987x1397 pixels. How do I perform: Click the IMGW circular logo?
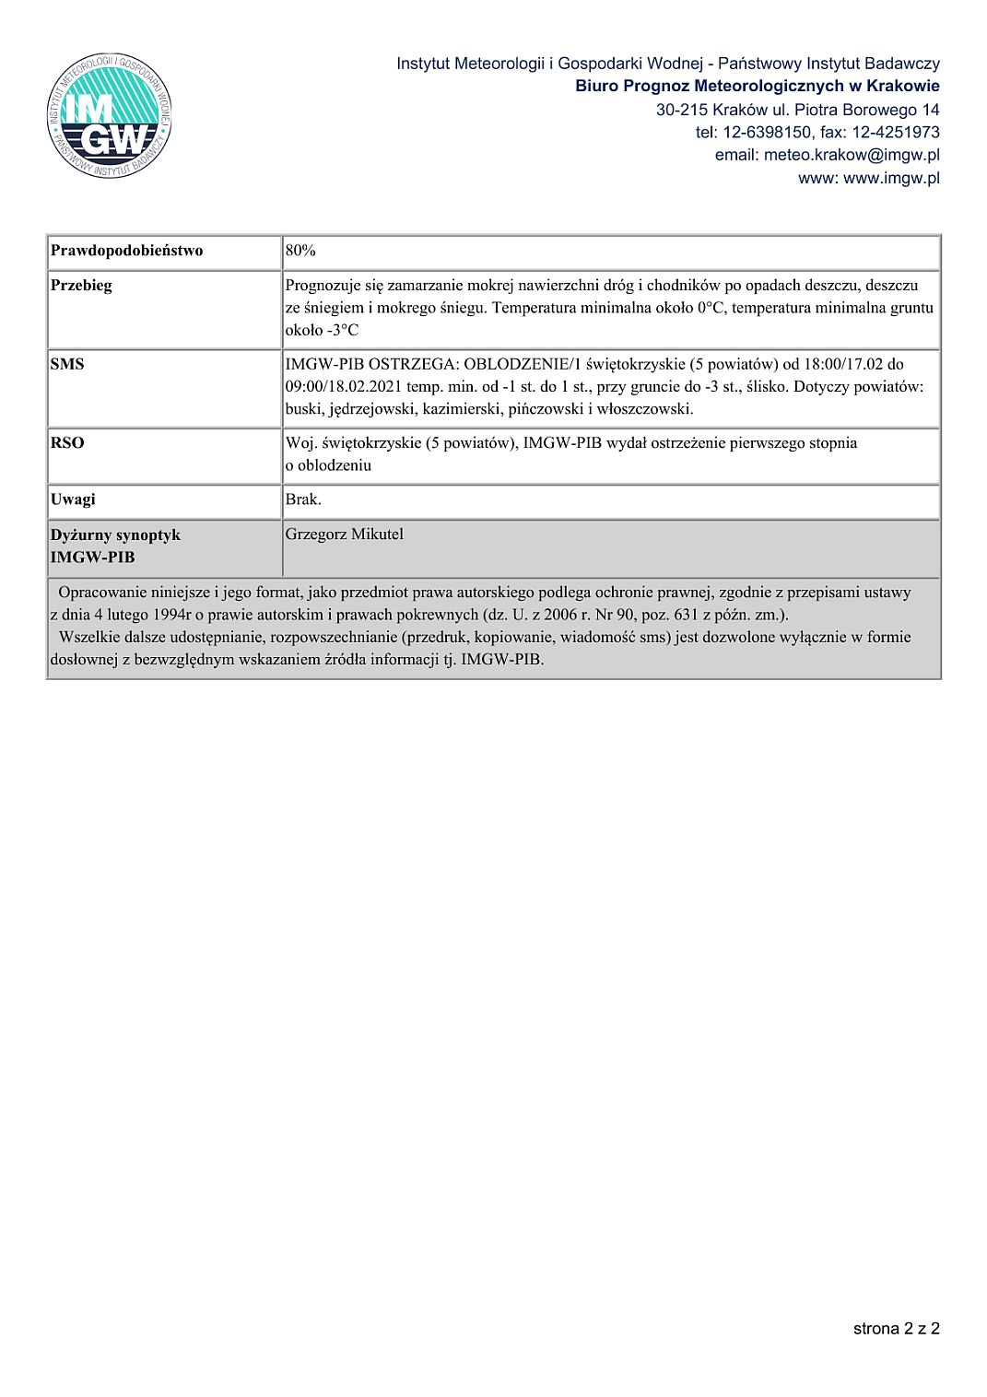109,116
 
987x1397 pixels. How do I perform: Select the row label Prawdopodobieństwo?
126,251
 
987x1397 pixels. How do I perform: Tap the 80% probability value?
300,251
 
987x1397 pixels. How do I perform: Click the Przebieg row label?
81,286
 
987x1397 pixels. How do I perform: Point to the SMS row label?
67,364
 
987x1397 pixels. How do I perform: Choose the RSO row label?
67,443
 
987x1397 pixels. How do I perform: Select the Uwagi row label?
73,499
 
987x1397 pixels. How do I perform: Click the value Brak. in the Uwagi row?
303,499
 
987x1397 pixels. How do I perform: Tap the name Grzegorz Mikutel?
344,534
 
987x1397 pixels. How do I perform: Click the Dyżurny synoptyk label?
115,535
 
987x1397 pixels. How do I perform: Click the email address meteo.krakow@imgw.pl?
852,155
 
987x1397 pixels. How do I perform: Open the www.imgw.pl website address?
891,178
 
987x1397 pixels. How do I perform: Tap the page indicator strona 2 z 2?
896,1328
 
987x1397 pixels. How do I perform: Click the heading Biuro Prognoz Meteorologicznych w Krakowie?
758,87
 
